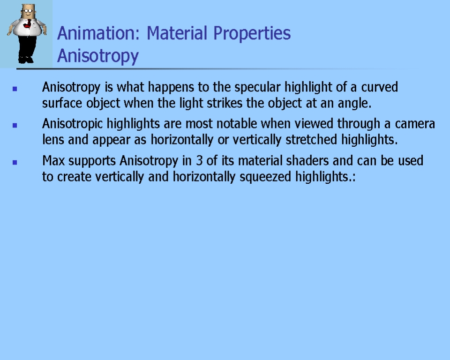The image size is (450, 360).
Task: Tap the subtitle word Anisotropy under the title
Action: (98, 56)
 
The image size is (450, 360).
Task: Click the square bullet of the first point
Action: (15, 89)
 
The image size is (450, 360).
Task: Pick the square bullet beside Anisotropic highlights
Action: (15, 126)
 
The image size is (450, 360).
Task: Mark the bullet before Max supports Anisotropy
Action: (15, 163)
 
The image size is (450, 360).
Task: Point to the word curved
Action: (379, 87)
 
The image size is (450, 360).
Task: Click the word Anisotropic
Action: (72, 124)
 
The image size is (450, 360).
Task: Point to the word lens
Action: (53, 140)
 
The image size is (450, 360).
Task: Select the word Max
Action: (53, 160)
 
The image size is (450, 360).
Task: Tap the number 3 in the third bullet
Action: (199, 160)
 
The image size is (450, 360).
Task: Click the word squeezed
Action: (265, 177)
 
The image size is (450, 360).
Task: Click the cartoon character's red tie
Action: (28, 24)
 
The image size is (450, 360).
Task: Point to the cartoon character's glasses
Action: (28, 11)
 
